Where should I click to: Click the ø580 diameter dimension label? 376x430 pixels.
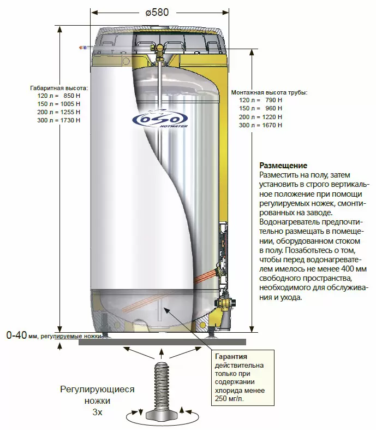click(157, 13)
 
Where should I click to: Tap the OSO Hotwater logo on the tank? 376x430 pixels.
click(160, 119)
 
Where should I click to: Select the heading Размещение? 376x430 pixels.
click(283, 166)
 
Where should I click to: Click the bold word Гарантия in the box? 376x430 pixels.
click(231, 356)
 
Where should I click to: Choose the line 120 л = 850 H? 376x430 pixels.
click(58, 96)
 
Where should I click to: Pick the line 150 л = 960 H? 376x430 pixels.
click(260, 108)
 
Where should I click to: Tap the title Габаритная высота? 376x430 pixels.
click(59, 89)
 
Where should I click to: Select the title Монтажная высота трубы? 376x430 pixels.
click(270, 92)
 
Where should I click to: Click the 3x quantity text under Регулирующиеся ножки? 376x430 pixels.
click(97, 412)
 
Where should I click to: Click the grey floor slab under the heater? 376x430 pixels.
click(163, 342)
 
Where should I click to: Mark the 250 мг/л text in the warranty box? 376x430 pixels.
click(229, 398)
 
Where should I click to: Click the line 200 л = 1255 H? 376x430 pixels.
click(58, 112)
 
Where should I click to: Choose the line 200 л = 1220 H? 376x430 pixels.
click(260, 117)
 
